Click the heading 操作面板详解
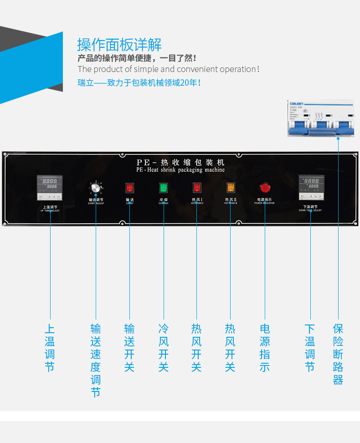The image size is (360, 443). [x=119, y=45]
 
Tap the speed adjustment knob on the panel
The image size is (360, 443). [x=95, y=188]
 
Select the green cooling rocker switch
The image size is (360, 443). [x=163, y=187]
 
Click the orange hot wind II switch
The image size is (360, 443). [x=231, y=187]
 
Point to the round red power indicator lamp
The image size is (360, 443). [x=264, y=187]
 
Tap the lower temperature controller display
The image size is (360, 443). [x=311, y=187]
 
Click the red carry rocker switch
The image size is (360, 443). [x=129, y=187]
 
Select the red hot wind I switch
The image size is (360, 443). [x=197, y=187]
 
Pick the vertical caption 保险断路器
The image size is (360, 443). [x=338, y=354]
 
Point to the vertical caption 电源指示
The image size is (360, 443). [x=264, y=348]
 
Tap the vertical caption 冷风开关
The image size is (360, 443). [x=163, y=348]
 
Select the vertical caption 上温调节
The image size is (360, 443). [x=50, y=348]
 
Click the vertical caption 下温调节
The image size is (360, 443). [x=310, y=348]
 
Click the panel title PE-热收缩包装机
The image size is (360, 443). [x=180, y=162]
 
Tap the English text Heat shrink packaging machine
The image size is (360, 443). [x=187, y=170]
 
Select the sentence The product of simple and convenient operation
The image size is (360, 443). [x=168, y=69]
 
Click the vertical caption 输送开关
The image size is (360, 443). [x=129, y=348]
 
